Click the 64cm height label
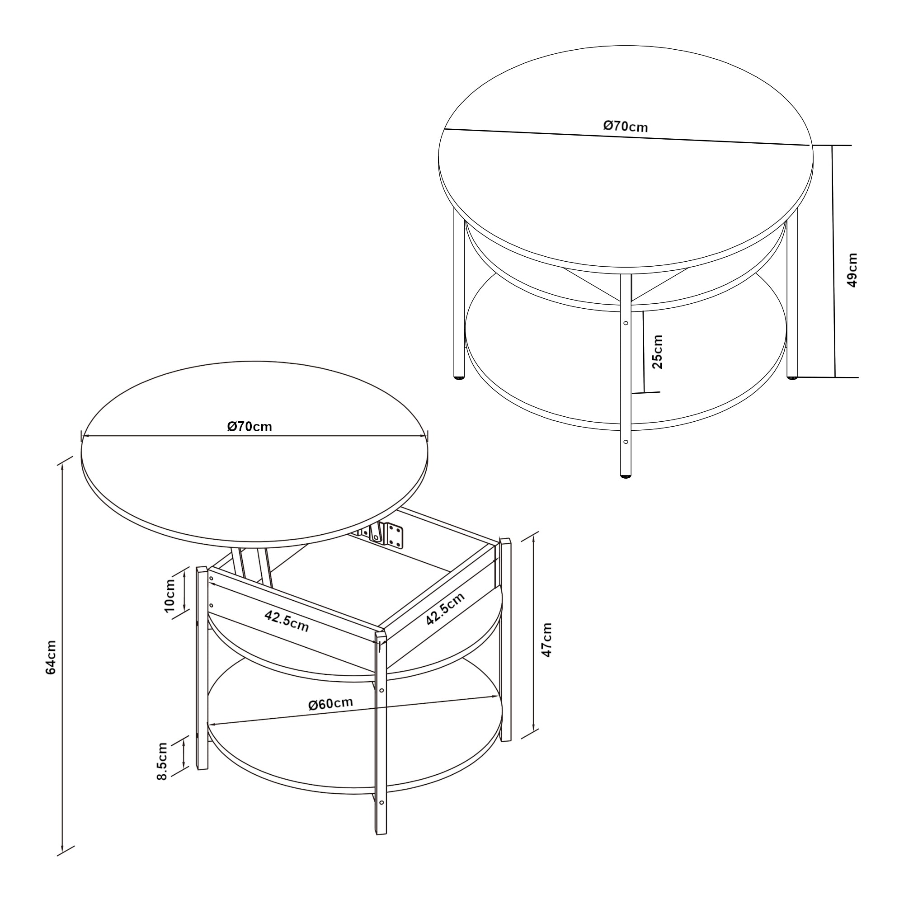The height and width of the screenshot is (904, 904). pyautogui.click(x=51, y=657)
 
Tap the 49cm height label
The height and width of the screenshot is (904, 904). pyautogui.click(x=852, y=270)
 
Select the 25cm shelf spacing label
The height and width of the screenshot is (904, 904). pyautogui.click(x=657, y=351)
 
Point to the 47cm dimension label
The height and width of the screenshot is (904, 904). pyautogui.click(x=546, y=640)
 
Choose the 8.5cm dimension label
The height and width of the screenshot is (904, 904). pyautogui.click(x=162, y=761)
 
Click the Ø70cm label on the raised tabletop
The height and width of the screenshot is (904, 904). pyautogui.click(x=250, y=427)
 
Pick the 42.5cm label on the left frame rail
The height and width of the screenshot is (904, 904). pyautogui.click(x=287, y=621)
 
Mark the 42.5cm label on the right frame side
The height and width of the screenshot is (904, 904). pyautogui.click(x=445, y=609)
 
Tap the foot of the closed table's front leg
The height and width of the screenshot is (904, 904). pyautogui.click(x=625, y=476)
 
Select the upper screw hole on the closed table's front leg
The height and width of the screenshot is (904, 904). pyautogui.click(x=626, y=323)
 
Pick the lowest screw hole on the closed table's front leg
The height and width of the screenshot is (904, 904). pyautogui.click(x=626, y=442)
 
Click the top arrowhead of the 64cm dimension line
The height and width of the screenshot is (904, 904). pyautogui.click(x=62, y=466)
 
